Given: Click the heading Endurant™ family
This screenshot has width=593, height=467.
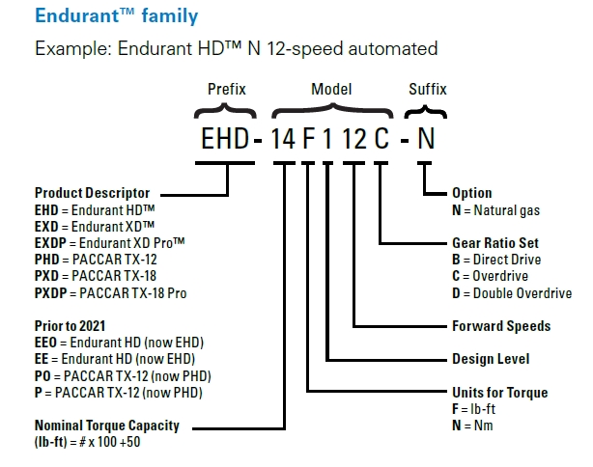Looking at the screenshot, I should (116, 16).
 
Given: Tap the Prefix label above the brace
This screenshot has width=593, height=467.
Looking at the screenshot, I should (227, 89).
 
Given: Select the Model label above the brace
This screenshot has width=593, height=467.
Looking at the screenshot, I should (331, 89).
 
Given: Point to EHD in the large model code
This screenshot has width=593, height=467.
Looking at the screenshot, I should (221, 138).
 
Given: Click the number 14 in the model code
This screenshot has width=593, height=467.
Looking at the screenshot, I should (283, 138).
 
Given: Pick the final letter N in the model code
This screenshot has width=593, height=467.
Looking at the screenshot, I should (425, 138).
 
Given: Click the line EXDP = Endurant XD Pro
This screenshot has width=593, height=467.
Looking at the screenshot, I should (110, 242).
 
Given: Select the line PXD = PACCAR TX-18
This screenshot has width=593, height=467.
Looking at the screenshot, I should (96, 275).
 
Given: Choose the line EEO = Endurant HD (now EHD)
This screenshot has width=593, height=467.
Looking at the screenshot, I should (120, 343).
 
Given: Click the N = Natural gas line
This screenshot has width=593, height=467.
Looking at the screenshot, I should (495, 209).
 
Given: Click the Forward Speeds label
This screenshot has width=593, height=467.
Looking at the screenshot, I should (500, 326).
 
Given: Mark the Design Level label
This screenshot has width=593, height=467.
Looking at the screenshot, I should (490, 359).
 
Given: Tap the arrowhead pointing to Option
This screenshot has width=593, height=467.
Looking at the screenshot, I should (445, 193).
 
